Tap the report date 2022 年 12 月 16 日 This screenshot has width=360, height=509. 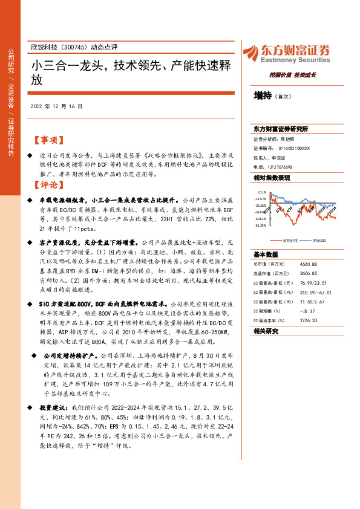click(56, 106)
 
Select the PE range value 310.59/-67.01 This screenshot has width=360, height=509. click(303, 292)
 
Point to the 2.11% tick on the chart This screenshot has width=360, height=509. click(261, 190)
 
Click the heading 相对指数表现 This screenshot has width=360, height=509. click(272, 178)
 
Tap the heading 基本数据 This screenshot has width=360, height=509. click(266, 254)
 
